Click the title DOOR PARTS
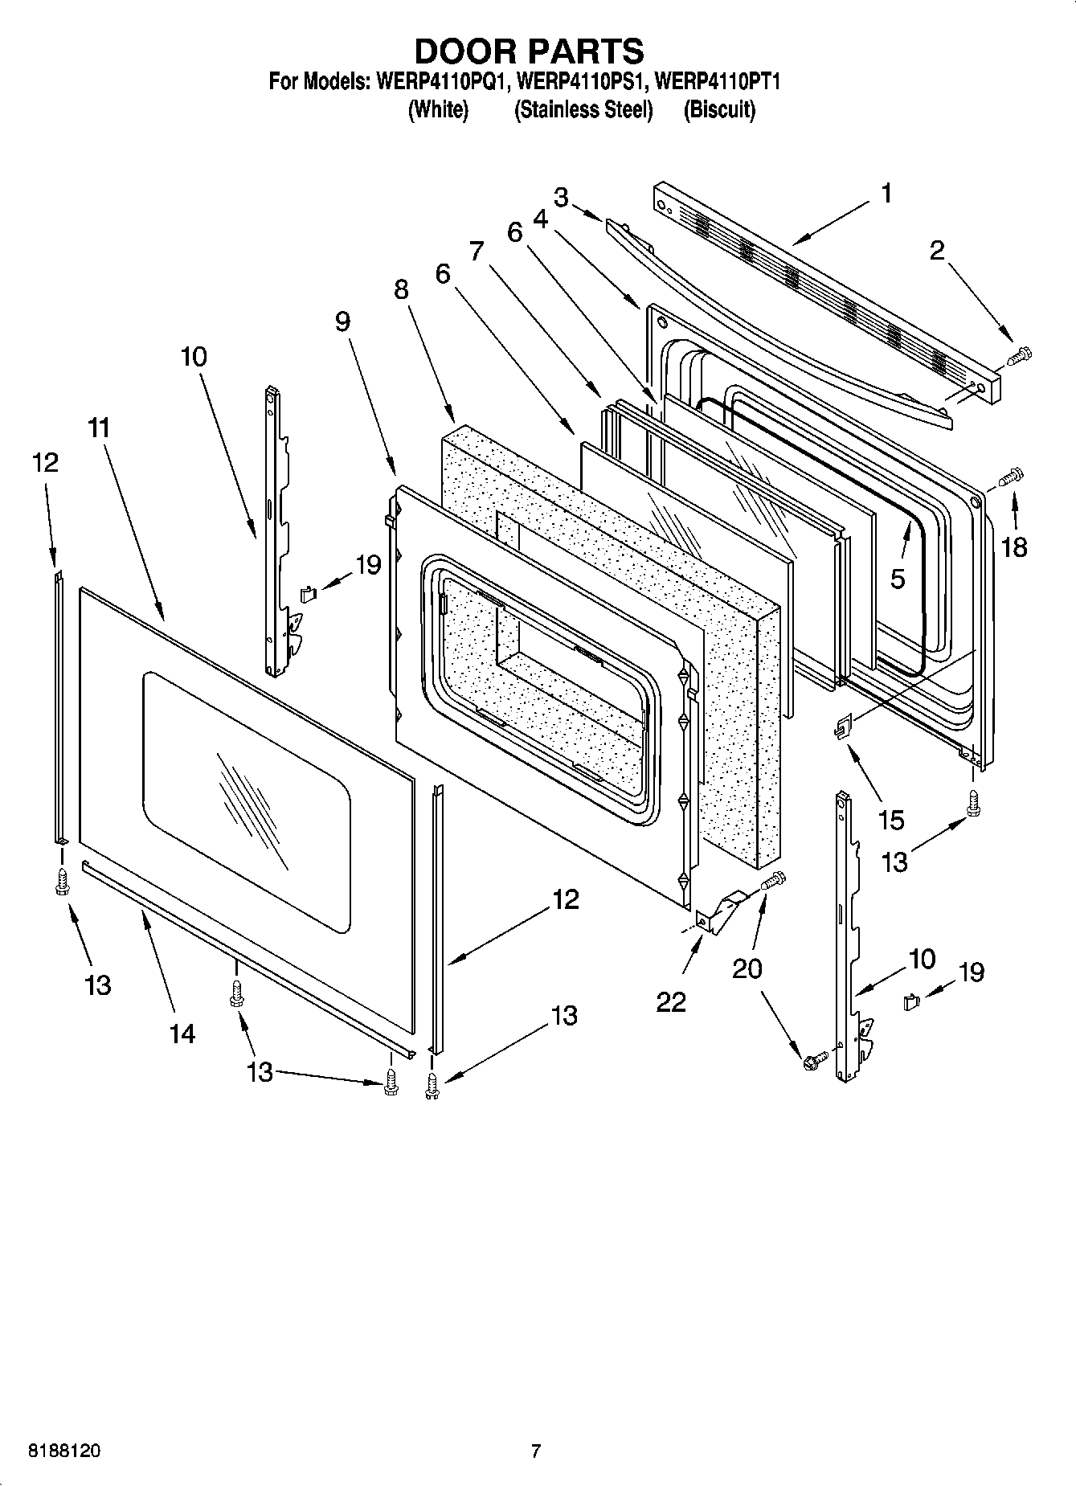pos(529,51)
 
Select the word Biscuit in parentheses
pos(719,110)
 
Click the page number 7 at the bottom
pos(536,1451)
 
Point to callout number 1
pos(886,194)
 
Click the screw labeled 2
pos(1019,354)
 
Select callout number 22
pos(671,1001)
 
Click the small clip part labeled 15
pos(842,728)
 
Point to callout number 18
pos(1014,547)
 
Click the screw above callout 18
pos(1010,477)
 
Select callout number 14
pos(182,1033)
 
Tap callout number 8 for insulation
pos(401,289)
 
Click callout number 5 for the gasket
pos(898,578)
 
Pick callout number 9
pos(342,321)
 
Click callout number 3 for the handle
pos(561,197)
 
